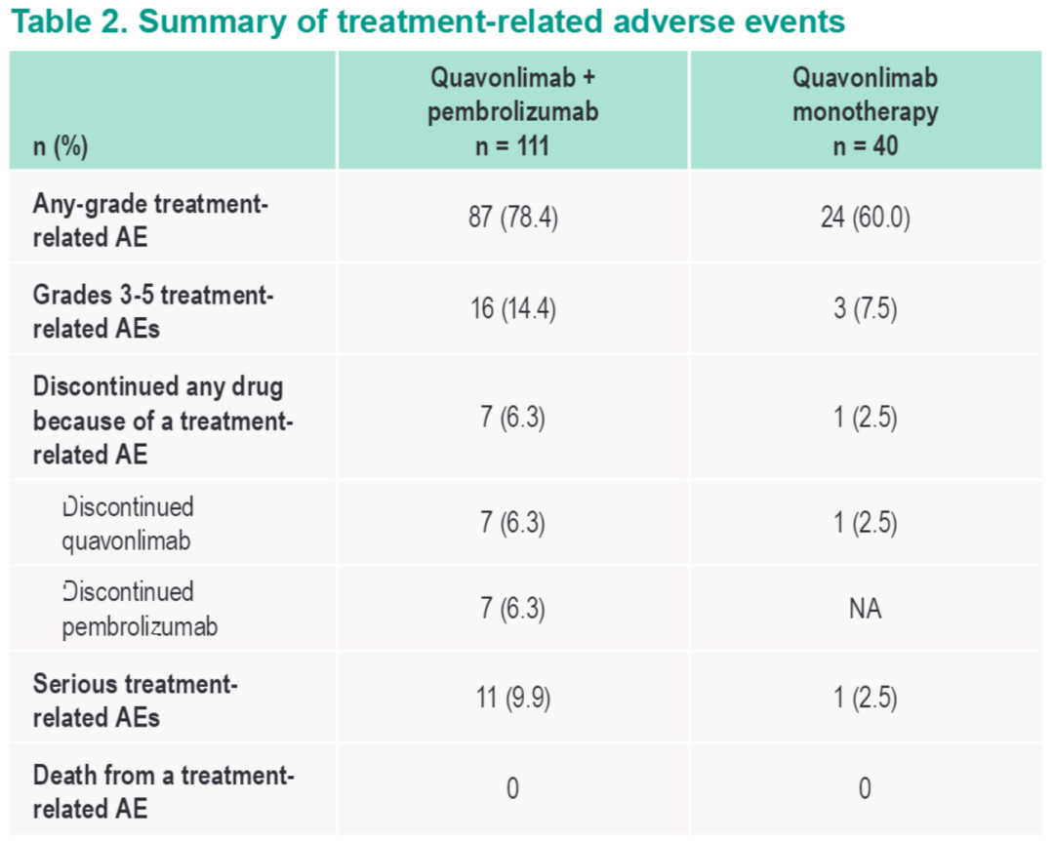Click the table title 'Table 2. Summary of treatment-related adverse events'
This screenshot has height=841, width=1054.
pos(427,22)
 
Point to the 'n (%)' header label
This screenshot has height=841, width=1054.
pos(61,147)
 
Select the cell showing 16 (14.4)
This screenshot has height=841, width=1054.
pos(512,310)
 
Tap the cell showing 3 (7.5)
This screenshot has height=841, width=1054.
pos(865,310)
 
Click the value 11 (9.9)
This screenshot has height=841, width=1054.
pos(512,699)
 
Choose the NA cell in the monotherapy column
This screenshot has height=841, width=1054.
pos(865,609)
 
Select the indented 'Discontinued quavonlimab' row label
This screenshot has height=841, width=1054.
pos(128,524)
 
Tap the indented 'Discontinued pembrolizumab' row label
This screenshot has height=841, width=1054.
pos(140,609)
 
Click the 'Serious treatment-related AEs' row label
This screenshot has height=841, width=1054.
pos(136,700)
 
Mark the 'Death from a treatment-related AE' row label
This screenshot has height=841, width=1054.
pos(163,791)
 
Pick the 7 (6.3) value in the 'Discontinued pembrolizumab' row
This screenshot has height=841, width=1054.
pos(512,609)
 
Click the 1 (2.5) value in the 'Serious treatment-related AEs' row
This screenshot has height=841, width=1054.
pos(865,699)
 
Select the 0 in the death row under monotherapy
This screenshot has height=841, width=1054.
pos(865,788)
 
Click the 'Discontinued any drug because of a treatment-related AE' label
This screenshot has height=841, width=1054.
pos(163,420)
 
